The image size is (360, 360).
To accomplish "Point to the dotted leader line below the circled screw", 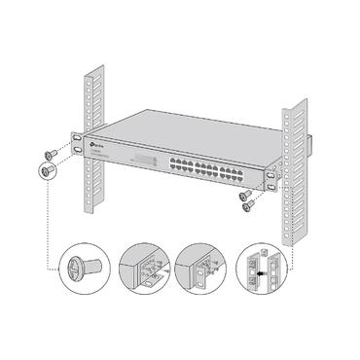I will (47, 224).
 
